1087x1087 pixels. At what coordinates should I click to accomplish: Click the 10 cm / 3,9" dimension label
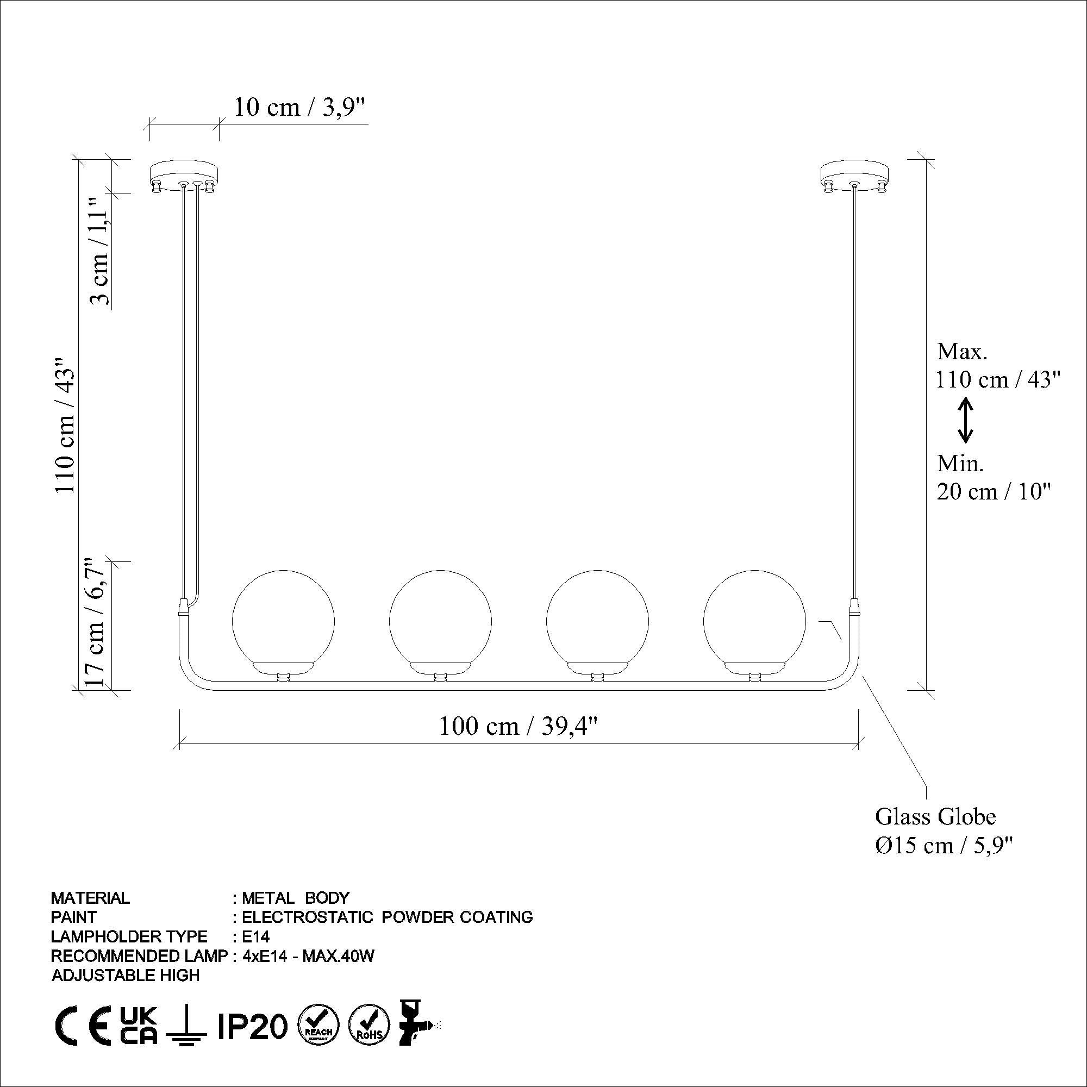299,107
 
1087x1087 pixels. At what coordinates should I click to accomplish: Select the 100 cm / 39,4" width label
517,726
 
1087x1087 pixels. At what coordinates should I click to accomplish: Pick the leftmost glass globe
283,621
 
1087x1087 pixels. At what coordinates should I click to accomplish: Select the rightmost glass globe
754,621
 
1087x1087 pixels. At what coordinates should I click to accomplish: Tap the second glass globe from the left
440,621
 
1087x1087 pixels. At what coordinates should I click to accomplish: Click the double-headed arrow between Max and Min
965,419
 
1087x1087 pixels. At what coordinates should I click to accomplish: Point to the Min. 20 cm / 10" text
993,478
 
